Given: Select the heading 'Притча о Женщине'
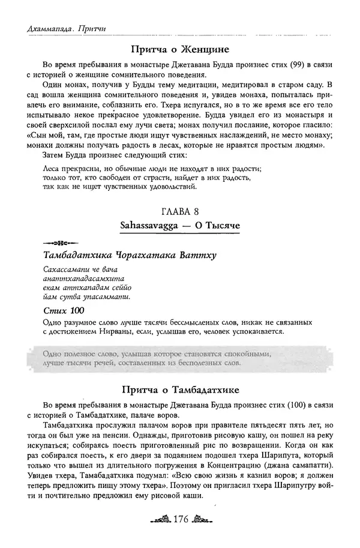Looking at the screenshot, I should point(180,49).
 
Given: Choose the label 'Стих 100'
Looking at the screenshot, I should point(64,310).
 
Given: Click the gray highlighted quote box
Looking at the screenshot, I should point(180,358).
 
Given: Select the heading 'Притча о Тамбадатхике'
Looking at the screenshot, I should point(180,388).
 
